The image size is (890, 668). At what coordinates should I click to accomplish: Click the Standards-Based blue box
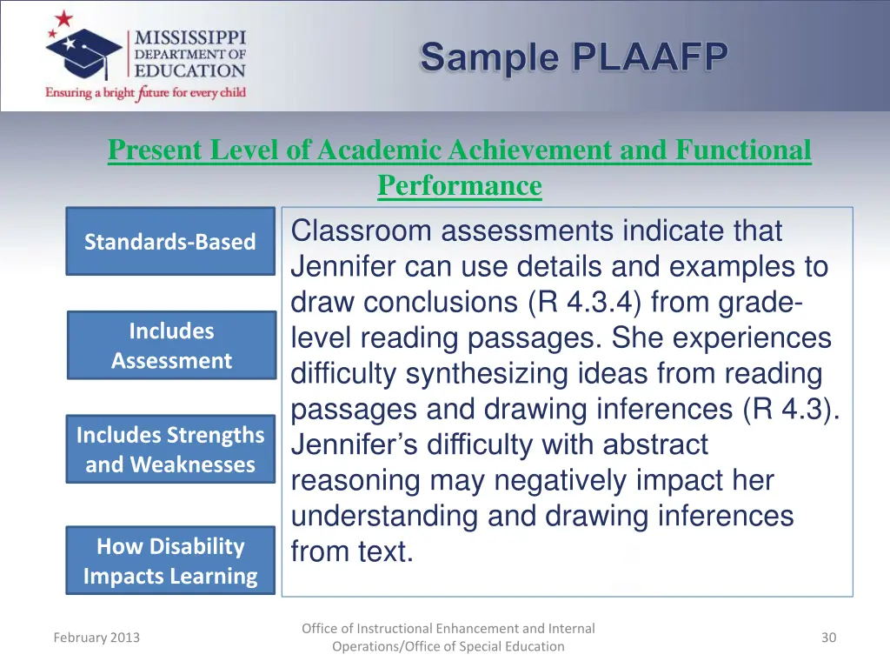[x=170, y=242]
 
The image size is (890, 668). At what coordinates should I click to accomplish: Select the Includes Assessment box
[x=171, y=345]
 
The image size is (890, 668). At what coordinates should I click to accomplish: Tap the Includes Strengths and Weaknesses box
[x=170, y=449]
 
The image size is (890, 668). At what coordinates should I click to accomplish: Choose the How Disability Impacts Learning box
[x=170, y=561]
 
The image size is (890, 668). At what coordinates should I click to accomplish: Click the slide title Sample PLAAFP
[x=574, y=57]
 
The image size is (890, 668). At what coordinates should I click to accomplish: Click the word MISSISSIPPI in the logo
[x=189, y=38]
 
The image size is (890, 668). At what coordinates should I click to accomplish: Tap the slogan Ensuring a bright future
[x=146, y=92]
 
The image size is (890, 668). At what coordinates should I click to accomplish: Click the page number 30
[x=828, y=638]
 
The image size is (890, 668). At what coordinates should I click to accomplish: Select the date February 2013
[x=96, y=638]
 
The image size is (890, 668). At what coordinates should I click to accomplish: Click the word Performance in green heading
[x=459, y=185]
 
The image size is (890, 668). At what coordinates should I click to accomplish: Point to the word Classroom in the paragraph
[x=361, y=231]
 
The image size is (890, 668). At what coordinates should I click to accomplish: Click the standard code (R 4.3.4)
[x=584, y=303]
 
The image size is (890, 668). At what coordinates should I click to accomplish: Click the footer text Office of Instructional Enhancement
[x=448, y=628]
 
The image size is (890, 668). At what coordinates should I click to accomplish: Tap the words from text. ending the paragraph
[x=352, y=551]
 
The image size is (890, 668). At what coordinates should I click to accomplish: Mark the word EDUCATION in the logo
[x=189, y=71]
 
